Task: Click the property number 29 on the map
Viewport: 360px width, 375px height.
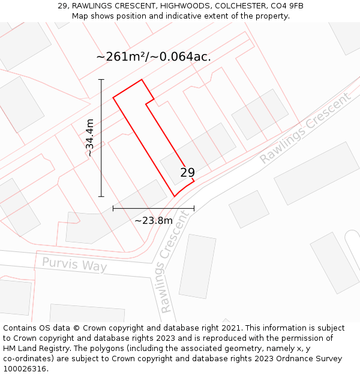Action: coord(187,173)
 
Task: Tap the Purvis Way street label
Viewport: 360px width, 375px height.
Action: coord(74,265)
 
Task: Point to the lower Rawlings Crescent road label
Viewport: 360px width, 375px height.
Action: coord(175,262)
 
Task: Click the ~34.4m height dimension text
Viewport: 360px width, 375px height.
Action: coord(90,138)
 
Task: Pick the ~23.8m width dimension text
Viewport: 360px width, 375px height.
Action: coord(154,220)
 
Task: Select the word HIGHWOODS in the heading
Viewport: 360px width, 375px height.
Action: coord(181,6)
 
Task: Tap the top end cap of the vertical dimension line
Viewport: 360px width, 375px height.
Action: coord(101,79)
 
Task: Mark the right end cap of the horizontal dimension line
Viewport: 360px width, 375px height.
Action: coord(194,208)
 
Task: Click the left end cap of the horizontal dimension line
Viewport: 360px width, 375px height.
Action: coord(113,208)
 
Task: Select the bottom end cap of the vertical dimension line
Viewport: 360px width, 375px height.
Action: coord(101,196)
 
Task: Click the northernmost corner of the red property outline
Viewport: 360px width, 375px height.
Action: coord(142,79)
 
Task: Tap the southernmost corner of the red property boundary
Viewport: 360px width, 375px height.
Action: coord(175,196)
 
